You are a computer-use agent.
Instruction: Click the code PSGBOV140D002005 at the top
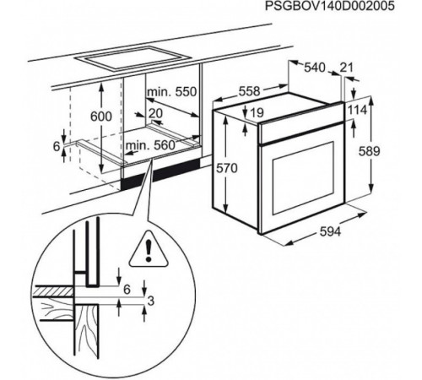click(x=330, y=6)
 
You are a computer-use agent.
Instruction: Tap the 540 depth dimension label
click(x=315, y=68)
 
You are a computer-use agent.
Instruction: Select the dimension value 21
click(x=346, y=68)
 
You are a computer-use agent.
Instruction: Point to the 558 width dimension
click(x=250, y=91)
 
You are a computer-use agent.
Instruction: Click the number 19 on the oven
click(x=257, y=113)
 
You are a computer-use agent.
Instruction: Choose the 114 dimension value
click(x=358, y=110)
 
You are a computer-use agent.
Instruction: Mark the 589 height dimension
click(x=369, y=151)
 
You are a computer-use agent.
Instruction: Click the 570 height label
click(x=227, y=168)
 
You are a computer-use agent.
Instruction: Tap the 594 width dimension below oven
click(x=330, y=231)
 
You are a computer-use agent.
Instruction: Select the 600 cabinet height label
click(x=101, y=117)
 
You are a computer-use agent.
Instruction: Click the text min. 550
click(x=172, y=92)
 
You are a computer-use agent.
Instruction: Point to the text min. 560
click(x=150, y=145)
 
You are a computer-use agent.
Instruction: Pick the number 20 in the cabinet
click(x=155, y=113)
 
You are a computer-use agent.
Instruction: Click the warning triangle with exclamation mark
click(x=149, y=249)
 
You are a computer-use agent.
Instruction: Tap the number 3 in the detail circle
click(x=151, y=301)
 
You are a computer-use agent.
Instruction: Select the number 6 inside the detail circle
click(x=127, y=290)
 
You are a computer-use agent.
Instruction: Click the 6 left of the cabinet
click(x=57, y=146)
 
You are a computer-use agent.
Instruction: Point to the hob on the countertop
click(x=133, y=59)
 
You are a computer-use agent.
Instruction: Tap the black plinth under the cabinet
click(x=160, y=174)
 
